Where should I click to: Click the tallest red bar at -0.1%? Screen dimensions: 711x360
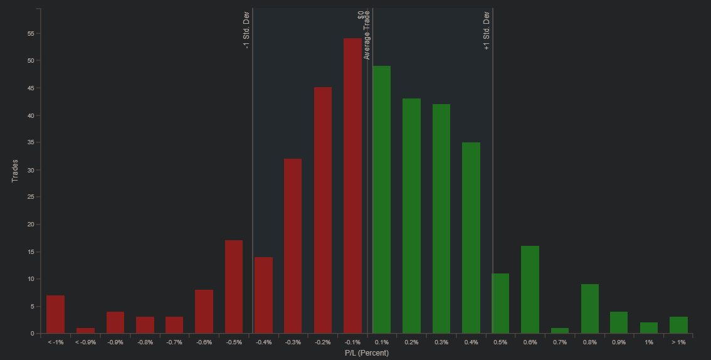click(352, 186)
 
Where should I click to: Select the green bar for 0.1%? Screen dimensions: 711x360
click(382, 200)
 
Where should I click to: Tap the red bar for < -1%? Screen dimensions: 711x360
click(55, 315)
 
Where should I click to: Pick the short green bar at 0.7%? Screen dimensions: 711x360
click(560, 331)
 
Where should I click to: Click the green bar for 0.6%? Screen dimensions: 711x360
click(530, 290)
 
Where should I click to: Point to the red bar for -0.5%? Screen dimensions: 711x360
click(234, 287)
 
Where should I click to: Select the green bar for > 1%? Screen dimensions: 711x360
click(679, 326)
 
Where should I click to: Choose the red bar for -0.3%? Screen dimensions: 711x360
click(293, 246)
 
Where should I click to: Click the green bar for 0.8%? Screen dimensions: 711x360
click(590, 309)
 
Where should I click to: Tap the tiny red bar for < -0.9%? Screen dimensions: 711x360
click(85, 331)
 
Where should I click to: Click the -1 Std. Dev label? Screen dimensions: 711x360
click(246, 30)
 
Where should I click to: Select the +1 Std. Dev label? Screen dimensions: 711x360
click(487, 31)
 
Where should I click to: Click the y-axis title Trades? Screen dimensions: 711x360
click(15, 171)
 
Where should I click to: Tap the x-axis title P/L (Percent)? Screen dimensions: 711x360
click(366, 352)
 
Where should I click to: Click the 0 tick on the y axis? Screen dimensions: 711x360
click(32, 334)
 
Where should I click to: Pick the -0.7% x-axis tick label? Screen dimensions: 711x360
click(174, 342)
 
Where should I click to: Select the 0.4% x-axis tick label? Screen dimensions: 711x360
click(471, 342)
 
